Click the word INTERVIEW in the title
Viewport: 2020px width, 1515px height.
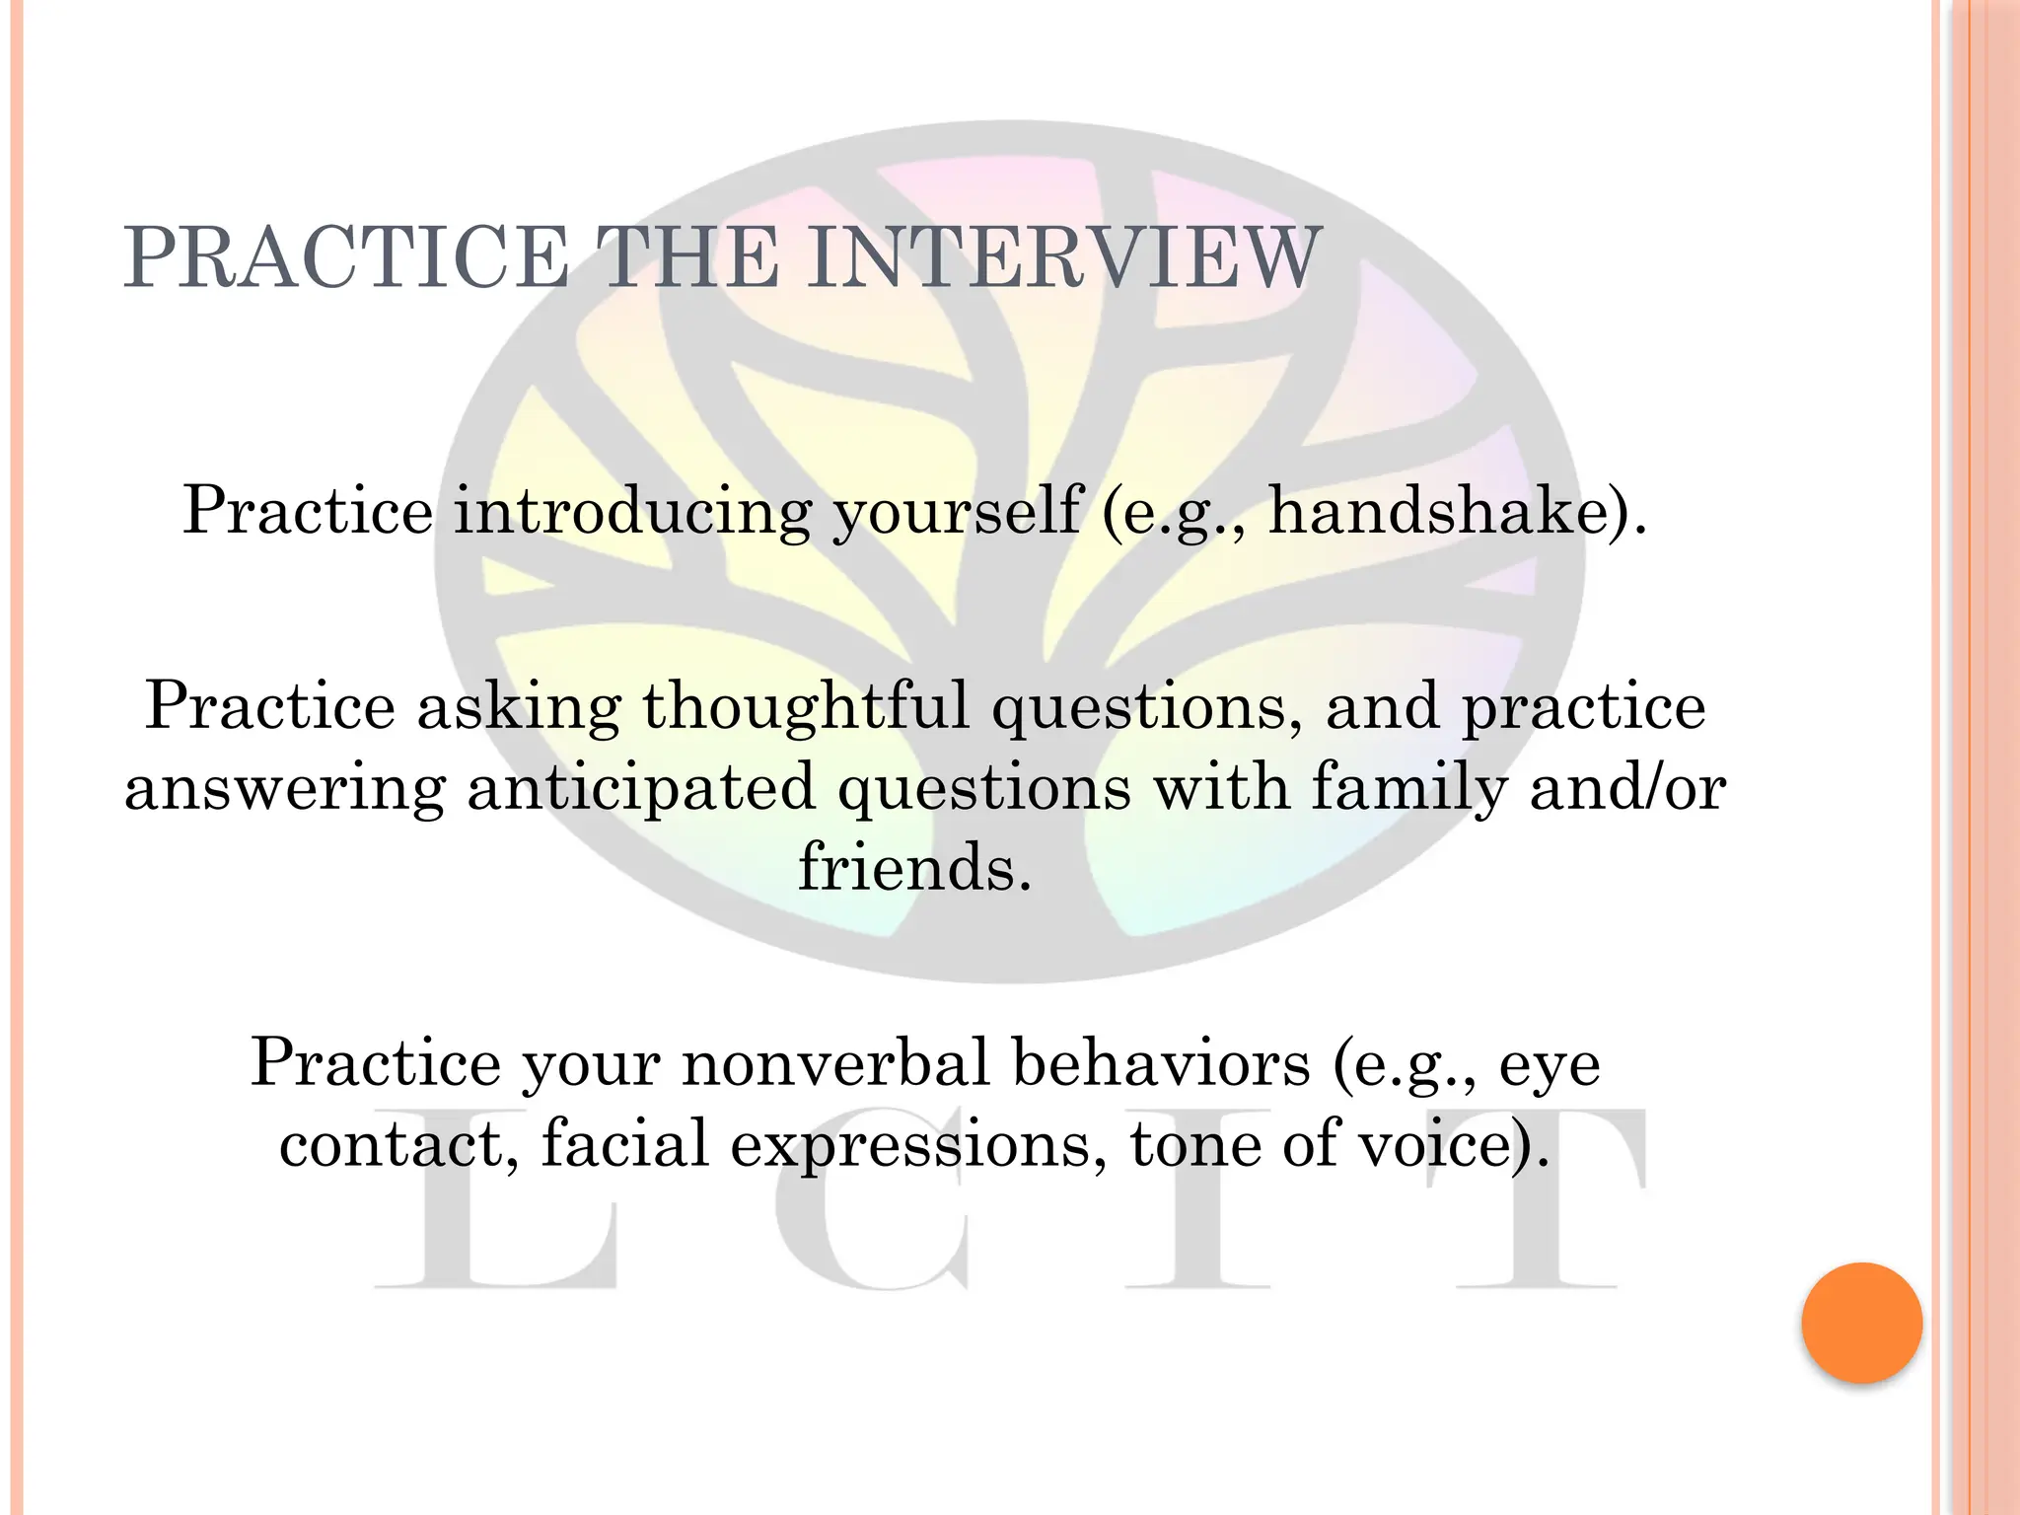coord(1062,258)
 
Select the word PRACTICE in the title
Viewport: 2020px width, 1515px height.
coord(346,258)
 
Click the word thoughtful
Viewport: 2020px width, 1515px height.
coord(806,706)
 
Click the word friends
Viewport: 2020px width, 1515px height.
coord(914,868)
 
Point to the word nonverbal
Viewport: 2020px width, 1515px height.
coord(834,1063)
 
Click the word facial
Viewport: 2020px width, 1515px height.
coord(624,1144)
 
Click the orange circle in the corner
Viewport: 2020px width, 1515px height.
coord(1861,1323)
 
